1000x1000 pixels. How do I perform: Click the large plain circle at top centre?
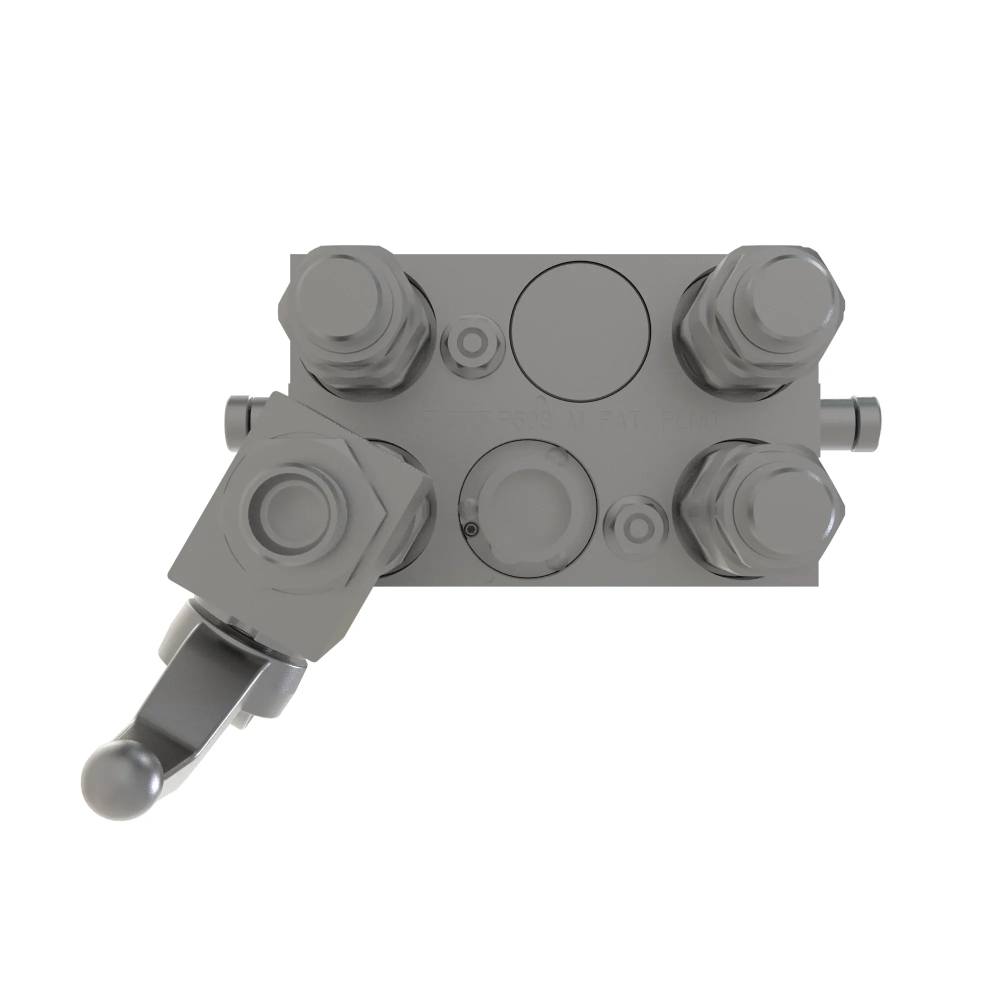[x=579, y=332]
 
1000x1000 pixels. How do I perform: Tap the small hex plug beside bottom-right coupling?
[x=636, y=530]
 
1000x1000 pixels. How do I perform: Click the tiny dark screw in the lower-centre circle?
[x=470, y=529]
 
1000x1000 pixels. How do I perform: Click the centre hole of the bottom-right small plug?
[x=636, y=530]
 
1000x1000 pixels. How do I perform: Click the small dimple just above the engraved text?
[x=540, y=398]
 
